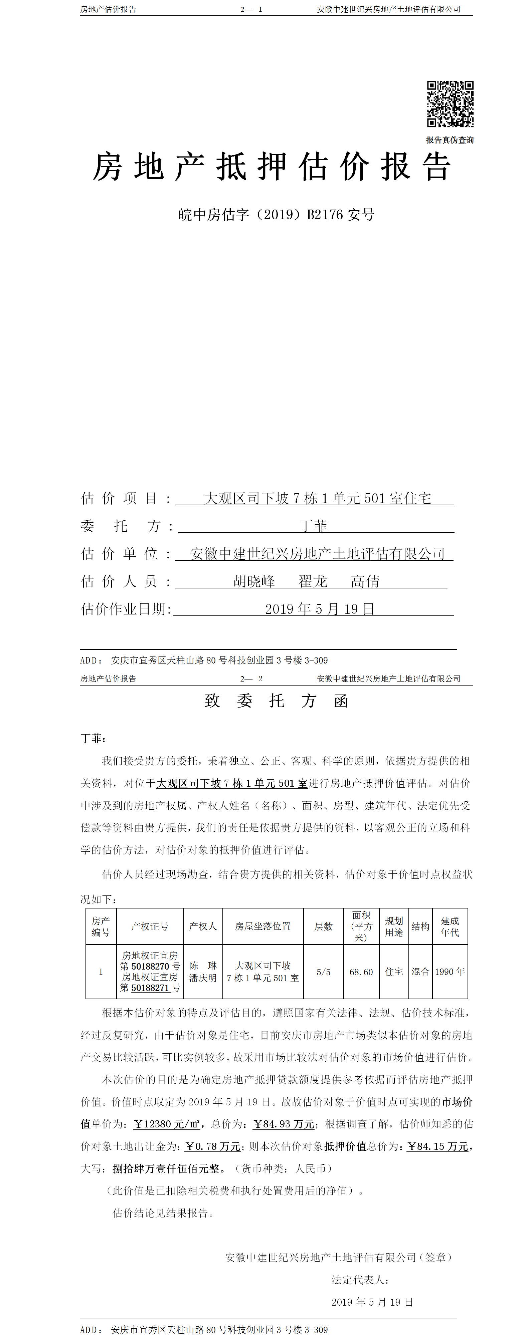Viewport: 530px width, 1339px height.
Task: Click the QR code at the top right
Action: [x=450, y=104]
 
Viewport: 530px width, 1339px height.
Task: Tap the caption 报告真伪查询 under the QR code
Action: [x=450, y=140]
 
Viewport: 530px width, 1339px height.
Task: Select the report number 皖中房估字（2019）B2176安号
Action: [x=276, y=215]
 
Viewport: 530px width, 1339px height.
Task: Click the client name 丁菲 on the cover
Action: [x=314, y=526]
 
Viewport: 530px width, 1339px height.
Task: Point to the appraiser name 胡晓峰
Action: [x=254, y=581]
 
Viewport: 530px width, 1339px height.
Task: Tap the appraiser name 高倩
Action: [x=365, y=581]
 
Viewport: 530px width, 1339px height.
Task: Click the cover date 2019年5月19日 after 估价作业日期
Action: [x=319, y=609]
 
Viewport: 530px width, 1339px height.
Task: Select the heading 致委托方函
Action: [x=276, y=701]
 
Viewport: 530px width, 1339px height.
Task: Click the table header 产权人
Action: [x=203, y=926]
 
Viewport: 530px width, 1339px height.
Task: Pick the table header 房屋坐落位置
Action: [x=262, y=926]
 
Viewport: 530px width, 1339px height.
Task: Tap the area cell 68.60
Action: [x=361, y=972]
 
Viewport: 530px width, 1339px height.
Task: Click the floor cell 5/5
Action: [x=324, y=972]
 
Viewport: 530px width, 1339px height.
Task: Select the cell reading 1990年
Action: [x=450, y=972]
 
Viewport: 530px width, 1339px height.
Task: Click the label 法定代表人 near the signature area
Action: [x=360, y=1280]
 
